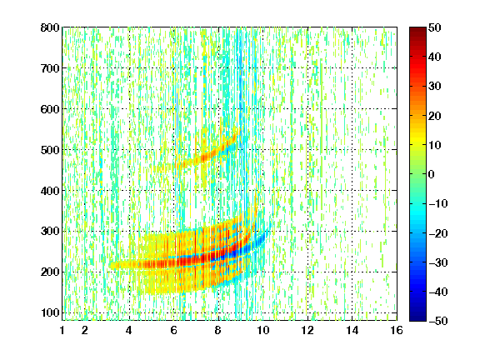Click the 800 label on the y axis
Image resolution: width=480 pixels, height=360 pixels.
[x=50, y=27]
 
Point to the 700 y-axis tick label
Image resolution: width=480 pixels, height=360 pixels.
[x=50, y=68]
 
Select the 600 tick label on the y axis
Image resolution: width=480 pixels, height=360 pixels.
[x=50, y=109]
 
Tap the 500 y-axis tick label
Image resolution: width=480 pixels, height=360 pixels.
[x=50, y=150]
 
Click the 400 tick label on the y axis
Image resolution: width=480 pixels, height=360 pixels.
[x=50, y=191]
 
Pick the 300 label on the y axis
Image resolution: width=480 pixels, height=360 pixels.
[x=50, y=231]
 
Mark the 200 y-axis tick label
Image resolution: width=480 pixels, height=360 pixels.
[x=50, y=272]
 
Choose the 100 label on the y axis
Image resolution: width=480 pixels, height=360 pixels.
[x=50, y=312]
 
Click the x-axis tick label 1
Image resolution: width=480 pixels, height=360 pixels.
[x=62, y=330]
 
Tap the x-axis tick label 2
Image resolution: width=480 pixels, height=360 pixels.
[x=85, y=330]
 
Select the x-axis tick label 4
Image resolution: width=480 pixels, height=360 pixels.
[x=129, y=330]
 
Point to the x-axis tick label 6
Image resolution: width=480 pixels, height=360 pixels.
[x=174, y=330]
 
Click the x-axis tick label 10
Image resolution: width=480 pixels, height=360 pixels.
[x=263, y=330]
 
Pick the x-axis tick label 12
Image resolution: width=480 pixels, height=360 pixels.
[x=307, y=330]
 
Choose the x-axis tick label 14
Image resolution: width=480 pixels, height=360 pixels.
[x=352, y=330]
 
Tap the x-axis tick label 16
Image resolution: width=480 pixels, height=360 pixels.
[x=397, y=330]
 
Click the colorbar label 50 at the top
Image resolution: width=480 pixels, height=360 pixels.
[x=435, y=27]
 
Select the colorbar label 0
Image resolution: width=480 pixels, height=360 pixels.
[x=432, y=174]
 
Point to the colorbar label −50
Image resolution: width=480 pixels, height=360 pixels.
[x=438, y=321]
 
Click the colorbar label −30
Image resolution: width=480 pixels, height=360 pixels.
[x=438, y=262]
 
